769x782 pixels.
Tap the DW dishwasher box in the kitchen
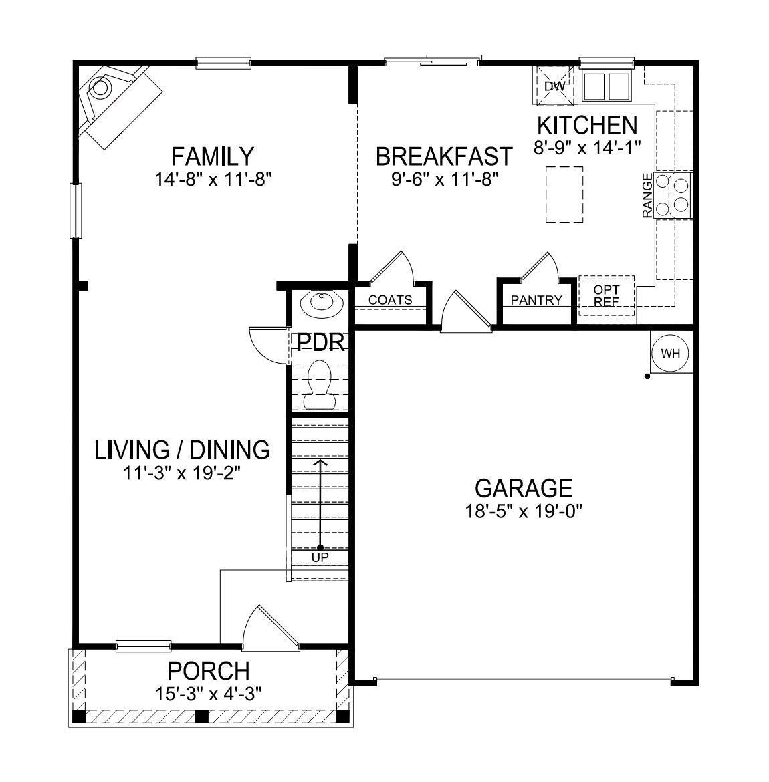[554, 86]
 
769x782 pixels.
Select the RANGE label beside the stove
[647, 195]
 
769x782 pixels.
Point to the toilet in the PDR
[319, 384]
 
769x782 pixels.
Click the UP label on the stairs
[320, 557]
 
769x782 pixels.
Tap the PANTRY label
[536, 300]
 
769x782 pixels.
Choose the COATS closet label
[391, 300]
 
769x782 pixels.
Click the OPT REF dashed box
[606, 295]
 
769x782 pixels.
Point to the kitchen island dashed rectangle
[564, 194]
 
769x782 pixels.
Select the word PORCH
[209, 670]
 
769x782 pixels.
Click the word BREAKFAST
[444, 157]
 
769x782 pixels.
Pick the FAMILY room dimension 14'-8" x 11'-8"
[213, 179]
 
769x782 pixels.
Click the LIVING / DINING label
[182, 450]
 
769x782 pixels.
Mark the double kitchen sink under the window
[607, 86]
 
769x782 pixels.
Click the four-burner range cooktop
[673, 194]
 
